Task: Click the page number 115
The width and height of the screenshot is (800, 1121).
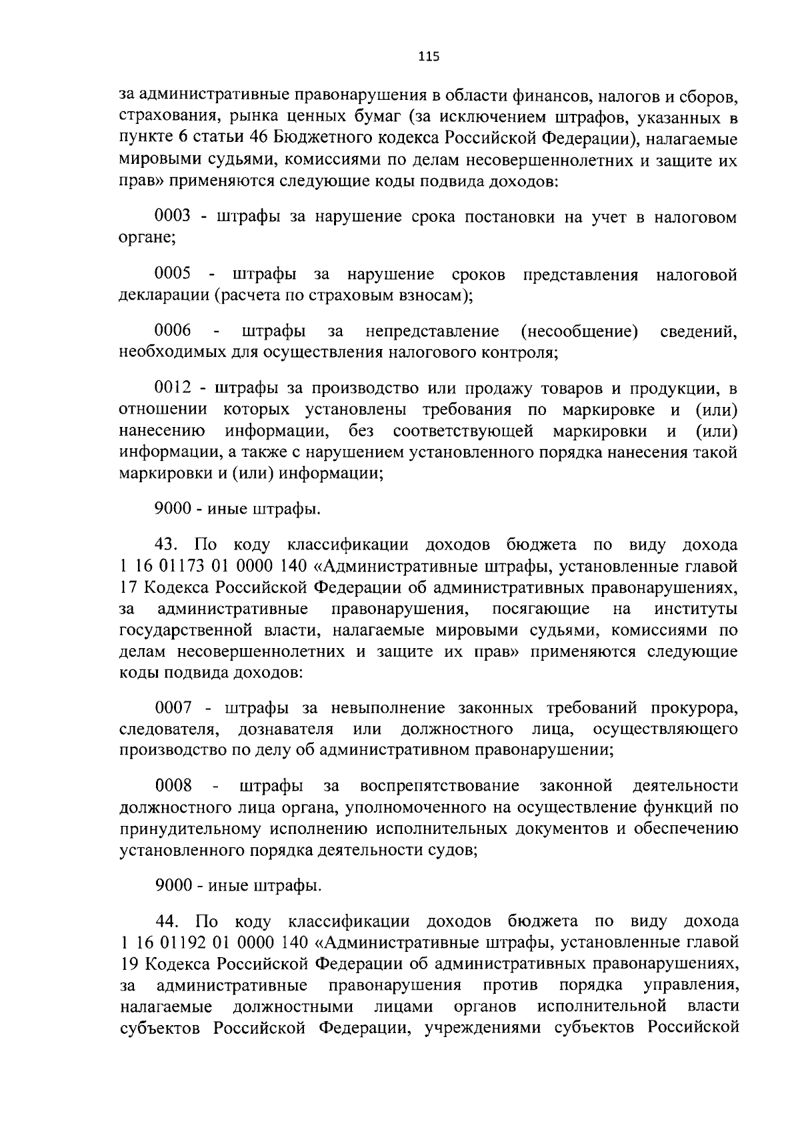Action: point(429,57)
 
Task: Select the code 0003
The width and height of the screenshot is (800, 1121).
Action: point(173,217)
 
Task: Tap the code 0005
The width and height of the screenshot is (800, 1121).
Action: point(173,274)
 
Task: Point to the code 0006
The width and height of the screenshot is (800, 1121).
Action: point(173,330)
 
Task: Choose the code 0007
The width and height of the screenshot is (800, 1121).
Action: point(173,707)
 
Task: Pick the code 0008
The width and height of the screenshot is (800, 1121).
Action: point(173,786)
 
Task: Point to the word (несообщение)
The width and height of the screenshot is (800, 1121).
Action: point(577,330)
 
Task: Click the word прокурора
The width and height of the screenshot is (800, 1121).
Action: point(695,707)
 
